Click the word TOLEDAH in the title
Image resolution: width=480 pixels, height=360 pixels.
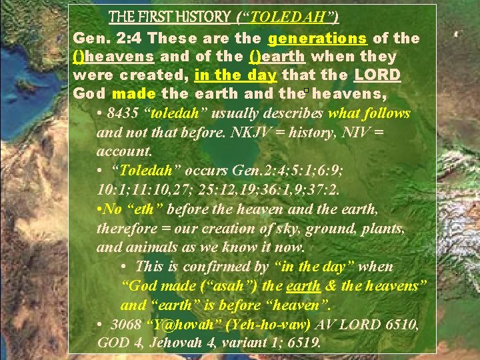[x=284, y=17]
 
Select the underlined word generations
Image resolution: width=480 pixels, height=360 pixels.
[x=313, y=39]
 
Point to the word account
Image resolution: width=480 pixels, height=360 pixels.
[x=124, y=151]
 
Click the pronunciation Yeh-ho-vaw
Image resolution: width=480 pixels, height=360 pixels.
[x=265, y=325]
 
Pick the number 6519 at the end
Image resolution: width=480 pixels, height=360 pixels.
[x=304, y=344]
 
